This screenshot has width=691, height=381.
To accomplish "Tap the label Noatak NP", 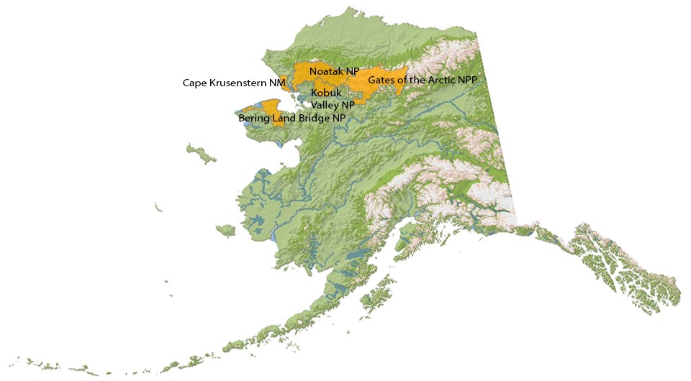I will click(334, 71).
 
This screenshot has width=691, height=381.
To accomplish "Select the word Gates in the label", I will click(382, 80).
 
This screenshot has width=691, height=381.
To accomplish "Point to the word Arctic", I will click(438, 80).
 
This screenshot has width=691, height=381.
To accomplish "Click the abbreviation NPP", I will click(467, 80).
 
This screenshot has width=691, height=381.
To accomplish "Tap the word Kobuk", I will click(325, 93).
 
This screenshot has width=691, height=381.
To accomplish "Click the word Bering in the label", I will click(253, 118).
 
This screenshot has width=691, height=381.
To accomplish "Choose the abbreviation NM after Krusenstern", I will click(278, 83).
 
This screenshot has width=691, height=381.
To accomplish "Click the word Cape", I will click(194, 83).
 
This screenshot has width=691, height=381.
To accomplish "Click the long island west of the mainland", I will click(197, 152).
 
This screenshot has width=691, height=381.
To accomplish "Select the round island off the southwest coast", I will click(225, 231).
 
